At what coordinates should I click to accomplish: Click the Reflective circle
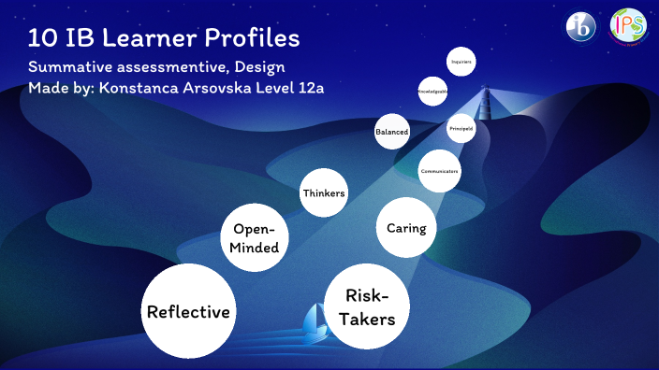[188, 311]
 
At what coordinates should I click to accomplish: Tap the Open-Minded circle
[256, 237]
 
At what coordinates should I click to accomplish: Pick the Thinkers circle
[324, 193]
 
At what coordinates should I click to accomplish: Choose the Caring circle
[406, 228]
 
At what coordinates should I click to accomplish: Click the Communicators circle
[438, 171]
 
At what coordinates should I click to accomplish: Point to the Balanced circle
[391, 133]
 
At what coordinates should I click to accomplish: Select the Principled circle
[461, 127]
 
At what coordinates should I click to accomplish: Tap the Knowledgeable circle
[432, 92]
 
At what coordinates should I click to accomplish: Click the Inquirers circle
[461, 62]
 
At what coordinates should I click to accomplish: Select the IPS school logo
[627, 27]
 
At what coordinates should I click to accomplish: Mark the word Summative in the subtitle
[69, 68]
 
